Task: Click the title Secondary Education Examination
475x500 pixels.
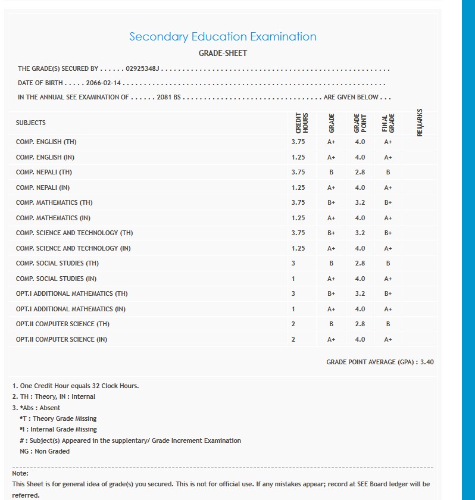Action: (223, 37)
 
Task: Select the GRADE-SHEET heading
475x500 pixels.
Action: (223, 53)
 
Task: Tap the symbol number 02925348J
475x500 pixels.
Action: (143, 69)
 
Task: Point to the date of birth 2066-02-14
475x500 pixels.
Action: (104, 83)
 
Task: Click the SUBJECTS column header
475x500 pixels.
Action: (31, 123)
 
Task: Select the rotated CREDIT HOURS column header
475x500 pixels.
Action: (302, 123)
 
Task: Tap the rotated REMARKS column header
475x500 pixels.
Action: (420, 123)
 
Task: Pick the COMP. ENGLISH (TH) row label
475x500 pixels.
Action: (46, 142)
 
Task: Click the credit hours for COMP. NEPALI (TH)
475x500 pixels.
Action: (298, 172)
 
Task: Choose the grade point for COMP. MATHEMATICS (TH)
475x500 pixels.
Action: (360, 202)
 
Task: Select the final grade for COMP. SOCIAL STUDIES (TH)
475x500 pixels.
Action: (388, 263)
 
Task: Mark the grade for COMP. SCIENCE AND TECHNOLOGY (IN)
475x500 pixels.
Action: (331, 248)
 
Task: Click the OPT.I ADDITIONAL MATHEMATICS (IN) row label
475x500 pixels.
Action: (71, 309)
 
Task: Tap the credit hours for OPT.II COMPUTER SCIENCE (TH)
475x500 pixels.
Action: (293, 324)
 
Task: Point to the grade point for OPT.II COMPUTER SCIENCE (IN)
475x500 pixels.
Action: (360, 339)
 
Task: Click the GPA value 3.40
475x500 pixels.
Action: (427, 362)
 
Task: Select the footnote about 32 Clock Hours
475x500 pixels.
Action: (76, 386)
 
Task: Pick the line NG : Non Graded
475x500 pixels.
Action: (45, 451)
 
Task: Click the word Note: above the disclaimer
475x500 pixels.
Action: (20, 473)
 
